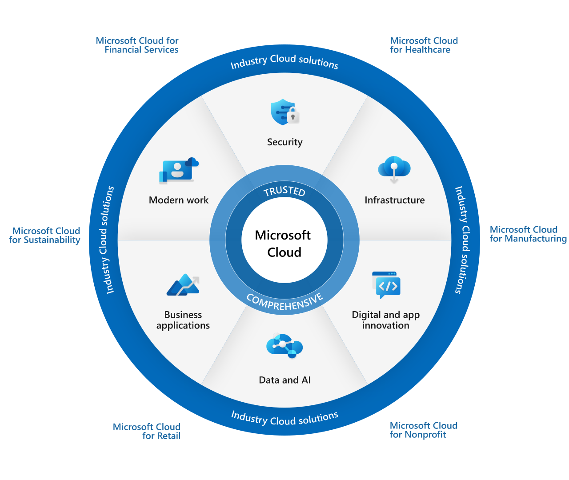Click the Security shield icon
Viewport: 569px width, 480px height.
(283, 112)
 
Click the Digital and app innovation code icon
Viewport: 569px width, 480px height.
(386, 285)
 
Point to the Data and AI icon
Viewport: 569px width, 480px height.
(284, 346)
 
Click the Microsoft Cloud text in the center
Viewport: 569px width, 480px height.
(284, 244)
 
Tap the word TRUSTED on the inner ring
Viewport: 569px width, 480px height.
(284, 191)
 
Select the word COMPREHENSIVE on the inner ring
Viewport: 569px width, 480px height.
(284, 302)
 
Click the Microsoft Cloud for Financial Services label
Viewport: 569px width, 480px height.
(137, 45)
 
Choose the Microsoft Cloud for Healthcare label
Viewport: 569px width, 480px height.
(424, 45)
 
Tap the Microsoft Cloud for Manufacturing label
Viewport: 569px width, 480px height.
(528, 234)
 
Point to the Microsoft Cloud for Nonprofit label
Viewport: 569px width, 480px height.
(423, 430)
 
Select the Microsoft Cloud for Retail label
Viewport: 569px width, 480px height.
(147, 431)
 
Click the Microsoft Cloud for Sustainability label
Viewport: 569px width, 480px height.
(45, 236)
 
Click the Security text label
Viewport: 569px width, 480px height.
(284, 142)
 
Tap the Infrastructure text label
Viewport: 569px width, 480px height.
(394, 200)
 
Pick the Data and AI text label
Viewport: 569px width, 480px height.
(284, 380)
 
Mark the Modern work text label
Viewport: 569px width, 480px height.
(178, 200)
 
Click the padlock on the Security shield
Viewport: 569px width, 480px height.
(293, 116)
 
